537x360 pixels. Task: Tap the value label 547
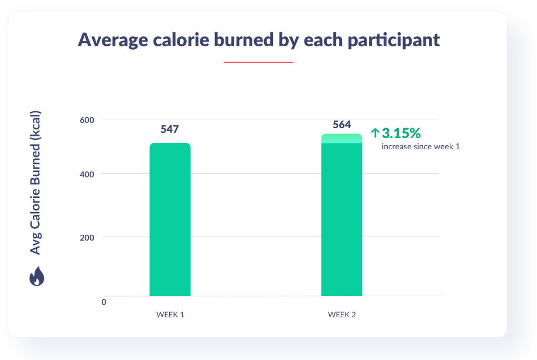[170, 129]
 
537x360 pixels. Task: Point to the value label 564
[341, 124]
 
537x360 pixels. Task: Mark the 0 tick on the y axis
[104, 302]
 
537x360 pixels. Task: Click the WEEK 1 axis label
[170, 315]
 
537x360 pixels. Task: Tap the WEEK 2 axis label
[341, 315]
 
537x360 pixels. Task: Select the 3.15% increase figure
[401, 133]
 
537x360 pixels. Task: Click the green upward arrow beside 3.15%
[375, 133]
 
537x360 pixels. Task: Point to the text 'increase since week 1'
[420, 146]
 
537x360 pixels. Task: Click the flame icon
[36, 276]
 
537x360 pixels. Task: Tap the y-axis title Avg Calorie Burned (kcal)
[36, 182]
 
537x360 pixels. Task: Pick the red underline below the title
[258, 62]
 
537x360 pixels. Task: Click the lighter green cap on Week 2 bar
[341, 138]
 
